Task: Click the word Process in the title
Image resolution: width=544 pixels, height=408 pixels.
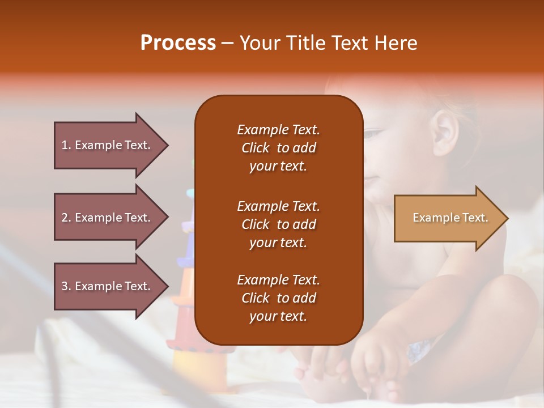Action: [x=178, y=43]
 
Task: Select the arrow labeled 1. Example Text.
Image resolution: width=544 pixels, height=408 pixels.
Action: [x=112, y=146]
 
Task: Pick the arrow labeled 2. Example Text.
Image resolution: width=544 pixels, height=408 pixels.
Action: [x=112, y=217]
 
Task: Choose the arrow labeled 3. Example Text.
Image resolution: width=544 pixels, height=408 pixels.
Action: [x=112, y=286]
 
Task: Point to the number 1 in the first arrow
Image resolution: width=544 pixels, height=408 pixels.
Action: [x=65, y=145]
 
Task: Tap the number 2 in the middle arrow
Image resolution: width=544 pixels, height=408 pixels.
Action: [x=65, y=218]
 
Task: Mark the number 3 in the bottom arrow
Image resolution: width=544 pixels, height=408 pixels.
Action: [x=65, y=286]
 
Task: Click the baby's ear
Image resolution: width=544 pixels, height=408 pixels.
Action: [x=445, y=133]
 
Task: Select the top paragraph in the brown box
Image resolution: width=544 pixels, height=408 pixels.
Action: [x=279, y=148]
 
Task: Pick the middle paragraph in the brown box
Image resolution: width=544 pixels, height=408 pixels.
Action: [x=279, y=224]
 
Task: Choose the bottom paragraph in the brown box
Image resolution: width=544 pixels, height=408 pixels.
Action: [x=279, y=297]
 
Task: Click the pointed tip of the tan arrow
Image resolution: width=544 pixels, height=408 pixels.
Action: [x=508, y=218]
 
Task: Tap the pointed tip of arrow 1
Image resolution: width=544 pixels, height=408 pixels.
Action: [x=169, y=146]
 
